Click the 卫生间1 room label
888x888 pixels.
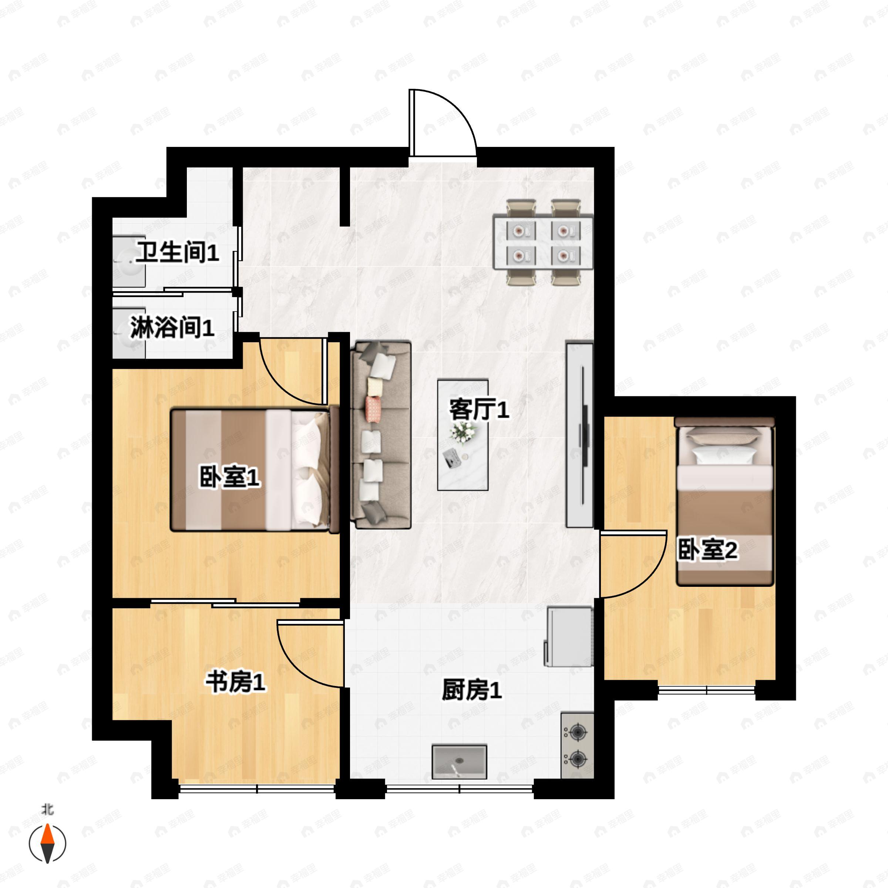[177, 252]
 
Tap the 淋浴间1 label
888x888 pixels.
[172, 328]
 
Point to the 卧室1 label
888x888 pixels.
[229, 477]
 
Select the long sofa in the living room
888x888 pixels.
[381, 435]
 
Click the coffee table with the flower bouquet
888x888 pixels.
[462, 435]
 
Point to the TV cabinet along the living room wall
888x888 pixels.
[579, 434]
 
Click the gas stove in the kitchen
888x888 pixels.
[577, 746]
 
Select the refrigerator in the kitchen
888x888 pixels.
[569, 636]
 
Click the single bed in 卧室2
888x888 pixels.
[725, 501]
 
